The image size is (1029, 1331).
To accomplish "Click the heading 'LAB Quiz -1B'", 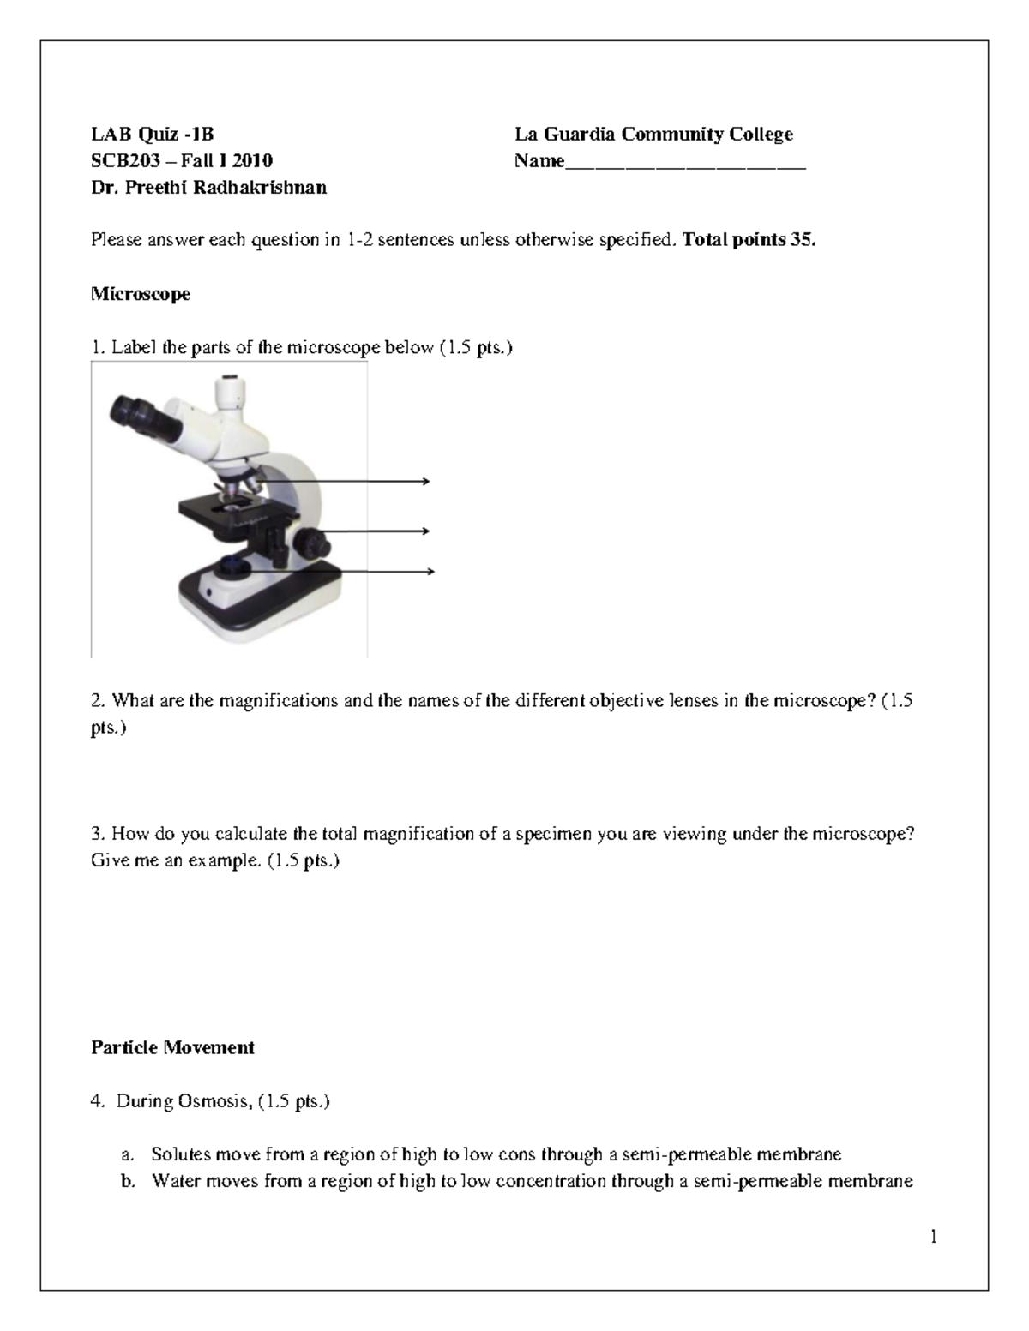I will (152, 134).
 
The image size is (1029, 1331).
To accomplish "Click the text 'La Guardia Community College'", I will (653, 134).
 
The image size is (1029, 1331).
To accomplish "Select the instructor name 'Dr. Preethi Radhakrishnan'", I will (208, 188).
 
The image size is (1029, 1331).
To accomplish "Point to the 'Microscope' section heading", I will (141, 294).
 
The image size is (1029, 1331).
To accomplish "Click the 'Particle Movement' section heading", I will (172, 1047).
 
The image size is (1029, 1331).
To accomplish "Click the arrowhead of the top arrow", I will (425, 483).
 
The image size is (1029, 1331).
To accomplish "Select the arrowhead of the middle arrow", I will (425, 531).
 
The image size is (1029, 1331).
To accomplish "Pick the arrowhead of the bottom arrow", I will (430, 572).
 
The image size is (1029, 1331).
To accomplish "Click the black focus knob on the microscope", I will (311, 543).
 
